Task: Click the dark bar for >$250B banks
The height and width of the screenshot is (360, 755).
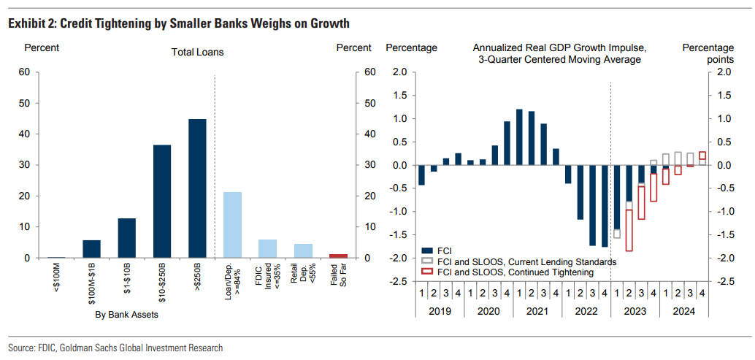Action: (197, 188)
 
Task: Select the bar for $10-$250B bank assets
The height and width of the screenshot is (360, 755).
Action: (162, 202)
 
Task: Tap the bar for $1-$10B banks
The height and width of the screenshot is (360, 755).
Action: (126, 238)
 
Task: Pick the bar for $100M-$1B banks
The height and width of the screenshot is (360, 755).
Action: (91, 249)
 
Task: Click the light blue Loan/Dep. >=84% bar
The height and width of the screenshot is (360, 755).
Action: (232, 225)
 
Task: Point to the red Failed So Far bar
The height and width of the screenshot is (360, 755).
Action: (338, 256)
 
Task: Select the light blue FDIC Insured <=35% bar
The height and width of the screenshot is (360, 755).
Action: (268, 248)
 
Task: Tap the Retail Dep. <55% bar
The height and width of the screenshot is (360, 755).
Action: (303, 250)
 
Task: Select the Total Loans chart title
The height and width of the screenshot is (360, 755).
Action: (197, 52)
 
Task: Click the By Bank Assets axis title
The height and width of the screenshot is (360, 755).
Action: (126, 315)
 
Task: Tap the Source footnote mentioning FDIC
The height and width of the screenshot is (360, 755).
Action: (115, 348)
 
